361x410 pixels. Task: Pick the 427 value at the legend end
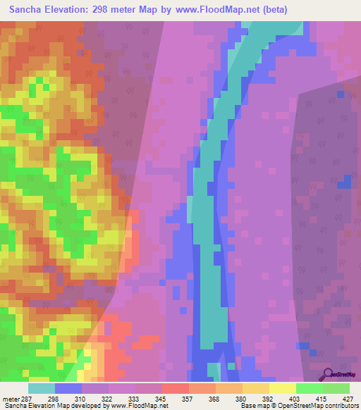[x=348, y=399]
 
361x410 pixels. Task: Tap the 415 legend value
[x=322, y=399]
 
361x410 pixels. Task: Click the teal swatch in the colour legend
[x=42, y=388]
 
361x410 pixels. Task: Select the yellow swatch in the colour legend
[x=282, y=388]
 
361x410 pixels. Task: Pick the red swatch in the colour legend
[x=176, y=388]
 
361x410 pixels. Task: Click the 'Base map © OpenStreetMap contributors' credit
[x=298, y=406]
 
